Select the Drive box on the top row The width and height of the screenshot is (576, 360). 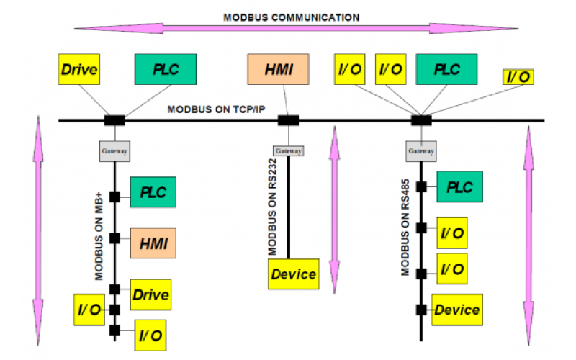(x=78, y=71)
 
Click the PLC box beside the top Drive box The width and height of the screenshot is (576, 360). (x=164, y=71)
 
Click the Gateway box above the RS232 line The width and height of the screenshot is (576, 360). (x=288, y=150)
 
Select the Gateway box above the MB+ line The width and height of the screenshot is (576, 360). (x=114, y=151)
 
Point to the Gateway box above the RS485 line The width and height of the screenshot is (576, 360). (x=421, y=151)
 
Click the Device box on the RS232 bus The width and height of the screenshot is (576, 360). (x=293, y=274)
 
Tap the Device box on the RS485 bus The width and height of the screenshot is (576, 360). (x=456, y=310)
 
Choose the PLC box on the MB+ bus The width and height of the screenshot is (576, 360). (x=153, y=193)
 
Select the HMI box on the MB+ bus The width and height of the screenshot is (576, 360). (x=153, y=242)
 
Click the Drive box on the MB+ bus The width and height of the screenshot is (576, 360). (x=150, y=294)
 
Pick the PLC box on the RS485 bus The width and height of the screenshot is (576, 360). (x=459, y=186)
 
